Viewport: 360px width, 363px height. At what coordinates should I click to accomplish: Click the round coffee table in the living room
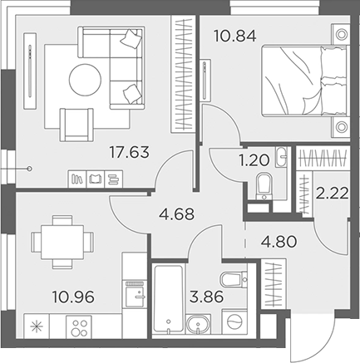tap(86, 81)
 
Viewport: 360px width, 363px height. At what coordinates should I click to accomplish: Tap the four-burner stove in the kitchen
tap(78, 326)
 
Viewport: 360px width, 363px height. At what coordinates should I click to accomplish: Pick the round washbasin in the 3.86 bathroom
tap(197, 324)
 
